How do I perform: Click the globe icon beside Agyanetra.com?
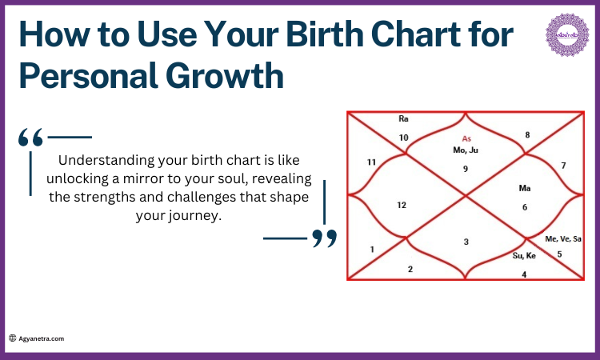coord(13,338)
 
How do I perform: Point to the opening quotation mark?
coord(31,138)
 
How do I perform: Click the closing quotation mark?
coord(324,238)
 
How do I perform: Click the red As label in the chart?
coord(466,138)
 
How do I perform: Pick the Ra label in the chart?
coord(403,118)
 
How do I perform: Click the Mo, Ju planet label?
coord(465,150)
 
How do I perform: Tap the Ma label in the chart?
coord(525,189)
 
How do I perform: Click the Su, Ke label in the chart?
coord(524,256)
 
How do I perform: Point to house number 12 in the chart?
coord(402,205)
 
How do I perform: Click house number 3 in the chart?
coord(466,242)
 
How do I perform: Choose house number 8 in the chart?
coord(527,135)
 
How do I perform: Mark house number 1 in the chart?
coord(372,250)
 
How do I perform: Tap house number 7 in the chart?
coord(563,166)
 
